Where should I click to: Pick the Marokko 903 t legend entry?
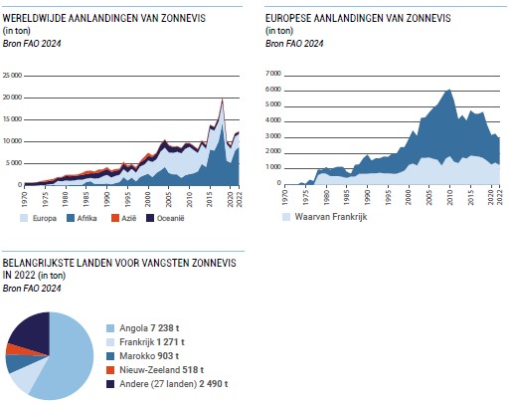coord(142,356)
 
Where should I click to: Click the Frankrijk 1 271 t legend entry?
coord(145,342)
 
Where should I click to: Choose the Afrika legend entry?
coord(82,218)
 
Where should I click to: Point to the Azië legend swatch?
coord(114,218)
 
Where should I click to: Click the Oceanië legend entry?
coord(165,218)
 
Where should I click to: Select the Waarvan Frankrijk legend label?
coord(331,217)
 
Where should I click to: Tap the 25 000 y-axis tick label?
coord(12,76)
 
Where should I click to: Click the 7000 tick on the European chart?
coord(273,74)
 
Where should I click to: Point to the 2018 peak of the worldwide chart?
coord(223,99)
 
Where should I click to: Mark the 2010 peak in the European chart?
coord(449,90)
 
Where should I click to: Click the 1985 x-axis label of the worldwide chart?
coord(86,199)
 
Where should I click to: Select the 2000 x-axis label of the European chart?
coord(409,197)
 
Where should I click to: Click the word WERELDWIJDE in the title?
coord(34,18)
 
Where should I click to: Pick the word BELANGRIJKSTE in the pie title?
coord(38,263)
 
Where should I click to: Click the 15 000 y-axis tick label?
coord(12,119)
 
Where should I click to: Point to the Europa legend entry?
coord(38,218)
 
